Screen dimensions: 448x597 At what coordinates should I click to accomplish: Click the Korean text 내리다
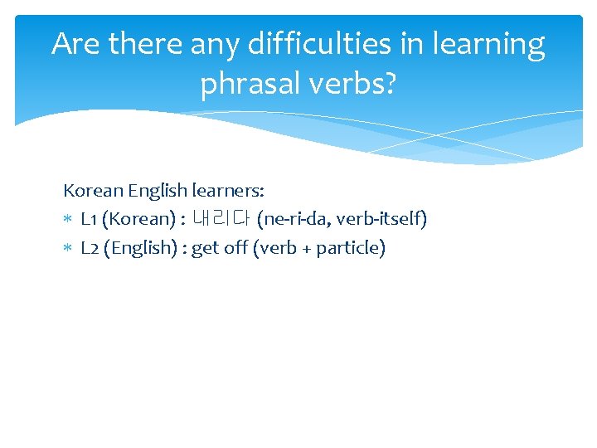(x=221, y=219)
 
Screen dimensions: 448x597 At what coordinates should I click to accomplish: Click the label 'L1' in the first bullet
(x=91, y=219)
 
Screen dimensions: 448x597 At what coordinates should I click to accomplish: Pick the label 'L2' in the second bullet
(x=91, y=247)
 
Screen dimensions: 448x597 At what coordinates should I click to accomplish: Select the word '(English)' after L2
(x=139, y=247)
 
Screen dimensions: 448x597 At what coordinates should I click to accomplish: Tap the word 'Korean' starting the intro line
(x=92, y=191)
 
